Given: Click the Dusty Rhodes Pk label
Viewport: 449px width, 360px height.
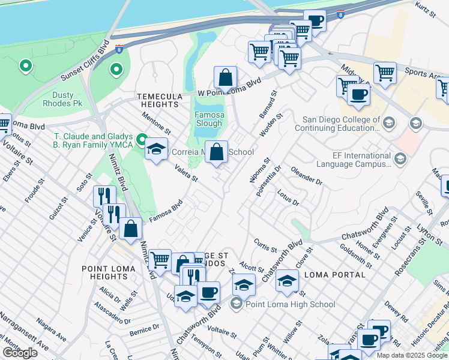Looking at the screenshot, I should coord(58,99).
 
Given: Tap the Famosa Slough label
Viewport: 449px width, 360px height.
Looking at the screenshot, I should coord(209,119).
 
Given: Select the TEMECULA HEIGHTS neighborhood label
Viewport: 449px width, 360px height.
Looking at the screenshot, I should coord(159,100).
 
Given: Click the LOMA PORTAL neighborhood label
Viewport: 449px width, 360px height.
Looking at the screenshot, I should coord(335,275).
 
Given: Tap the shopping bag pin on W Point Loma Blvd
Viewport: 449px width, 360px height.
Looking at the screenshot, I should coord(225,78).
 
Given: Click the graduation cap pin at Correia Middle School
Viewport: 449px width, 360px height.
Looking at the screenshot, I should coord(156,149).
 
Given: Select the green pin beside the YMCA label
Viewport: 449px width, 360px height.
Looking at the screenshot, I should coord(142,141).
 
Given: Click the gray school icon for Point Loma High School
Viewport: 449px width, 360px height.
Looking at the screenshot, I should coord(236,304).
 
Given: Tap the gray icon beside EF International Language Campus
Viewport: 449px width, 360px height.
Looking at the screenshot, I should coord(401,158).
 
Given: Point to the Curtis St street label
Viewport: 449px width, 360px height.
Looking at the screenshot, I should coord(265,245).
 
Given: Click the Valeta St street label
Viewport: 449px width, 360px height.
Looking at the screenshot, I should coord(186,175).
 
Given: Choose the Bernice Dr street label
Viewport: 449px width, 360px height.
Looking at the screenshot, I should coord(143,329).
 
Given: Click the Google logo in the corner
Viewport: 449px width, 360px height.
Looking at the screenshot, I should coord(20,353).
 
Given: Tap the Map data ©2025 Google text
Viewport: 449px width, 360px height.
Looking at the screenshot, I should coord(412,355).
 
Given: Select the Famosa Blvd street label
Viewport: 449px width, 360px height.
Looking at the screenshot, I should coord(165,212).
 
